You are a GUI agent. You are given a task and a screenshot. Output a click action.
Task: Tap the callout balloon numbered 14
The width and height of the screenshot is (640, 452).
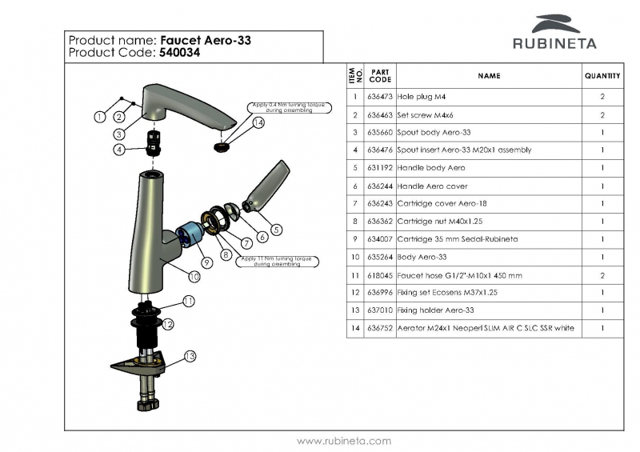pos(258,123)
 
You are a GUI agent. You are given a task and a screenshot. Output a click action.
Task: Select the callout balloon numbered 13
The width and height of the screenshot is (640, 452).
pos(190,356)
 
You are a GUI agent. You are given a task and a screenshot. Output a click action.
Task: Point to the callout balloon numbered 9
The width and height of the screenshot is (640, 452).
pos(206,262)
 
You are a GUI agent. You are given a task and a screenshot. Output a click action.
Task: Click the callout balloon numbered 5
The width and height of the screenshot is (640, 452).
pos(276,230)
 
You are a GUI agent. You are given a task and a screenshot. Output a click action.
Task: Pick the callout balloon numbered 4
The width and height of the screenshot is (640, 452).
pos(118,149)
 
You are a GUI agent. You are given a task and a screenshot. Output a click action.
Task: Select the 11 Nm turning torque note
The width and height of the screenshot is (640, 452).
pos(278,262)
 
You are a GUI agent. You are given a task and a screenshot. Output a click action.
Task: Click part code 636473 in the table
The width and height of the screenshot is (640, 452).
pos(380,96)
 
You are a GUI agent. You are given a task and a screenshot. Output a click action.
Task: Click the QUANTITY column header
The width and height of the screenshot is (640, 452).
pos(602,76)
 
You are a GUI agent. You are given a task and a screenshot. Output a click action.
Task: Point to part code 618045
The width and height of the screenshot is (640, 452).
pos(380,275)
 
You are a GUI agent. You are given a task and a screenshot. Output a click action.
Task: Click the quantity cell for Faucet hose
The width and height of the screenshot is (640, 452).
pos(602,275)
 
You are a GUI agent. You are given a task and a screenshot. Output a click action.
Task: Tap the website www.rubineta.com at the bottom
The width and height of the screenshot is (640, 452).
pos(344,441)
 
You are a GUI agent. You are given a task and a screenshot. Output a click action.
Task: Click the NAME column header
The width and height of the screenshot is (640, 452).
pos(488,76)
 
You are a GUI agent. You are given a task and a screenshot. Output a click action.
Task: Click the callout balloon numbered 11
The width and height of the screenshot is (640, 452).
pos(189,301)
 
